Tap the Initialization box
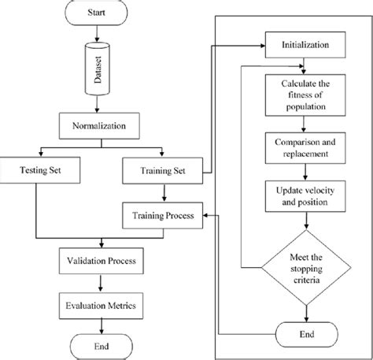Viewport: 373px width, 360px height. pyautogui.click(x=305, y=45)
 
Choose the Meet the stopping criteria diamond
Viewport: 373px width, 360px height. pyautogui.click(x=305, y=265)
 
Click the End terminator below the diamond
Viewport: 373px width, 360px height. pyautogui.click(x=305, y=334)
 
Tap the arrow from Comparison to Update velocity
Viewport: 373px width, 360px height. pyautogui.click(x=305, y=173)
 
